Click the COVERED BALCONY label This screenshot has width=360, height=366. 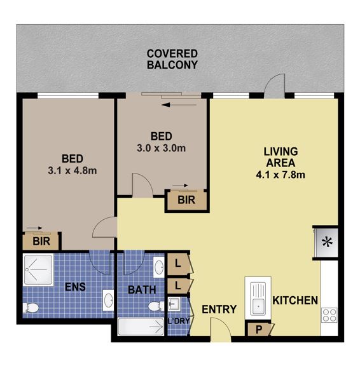coord(172,59)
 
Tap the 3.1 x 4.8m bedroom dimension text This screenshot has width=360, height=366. coord(72,170)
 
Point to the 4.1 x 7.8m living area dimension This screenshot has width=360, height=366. coord(281,173)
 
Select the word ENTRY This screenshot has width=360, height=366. coord(219,309)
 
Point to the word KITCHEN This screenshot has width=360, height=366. coord(294,300)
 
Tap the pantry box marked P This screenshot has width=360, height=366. coord(258,329)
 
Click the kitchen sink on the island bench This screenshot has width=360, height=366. coord(258,297)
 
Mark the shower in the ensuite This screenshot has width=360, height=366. coord(39,269)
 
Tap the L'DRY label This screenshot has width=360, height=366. coord(178,321)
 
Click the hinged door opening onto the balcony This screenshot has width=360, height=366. coord(277,85)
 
